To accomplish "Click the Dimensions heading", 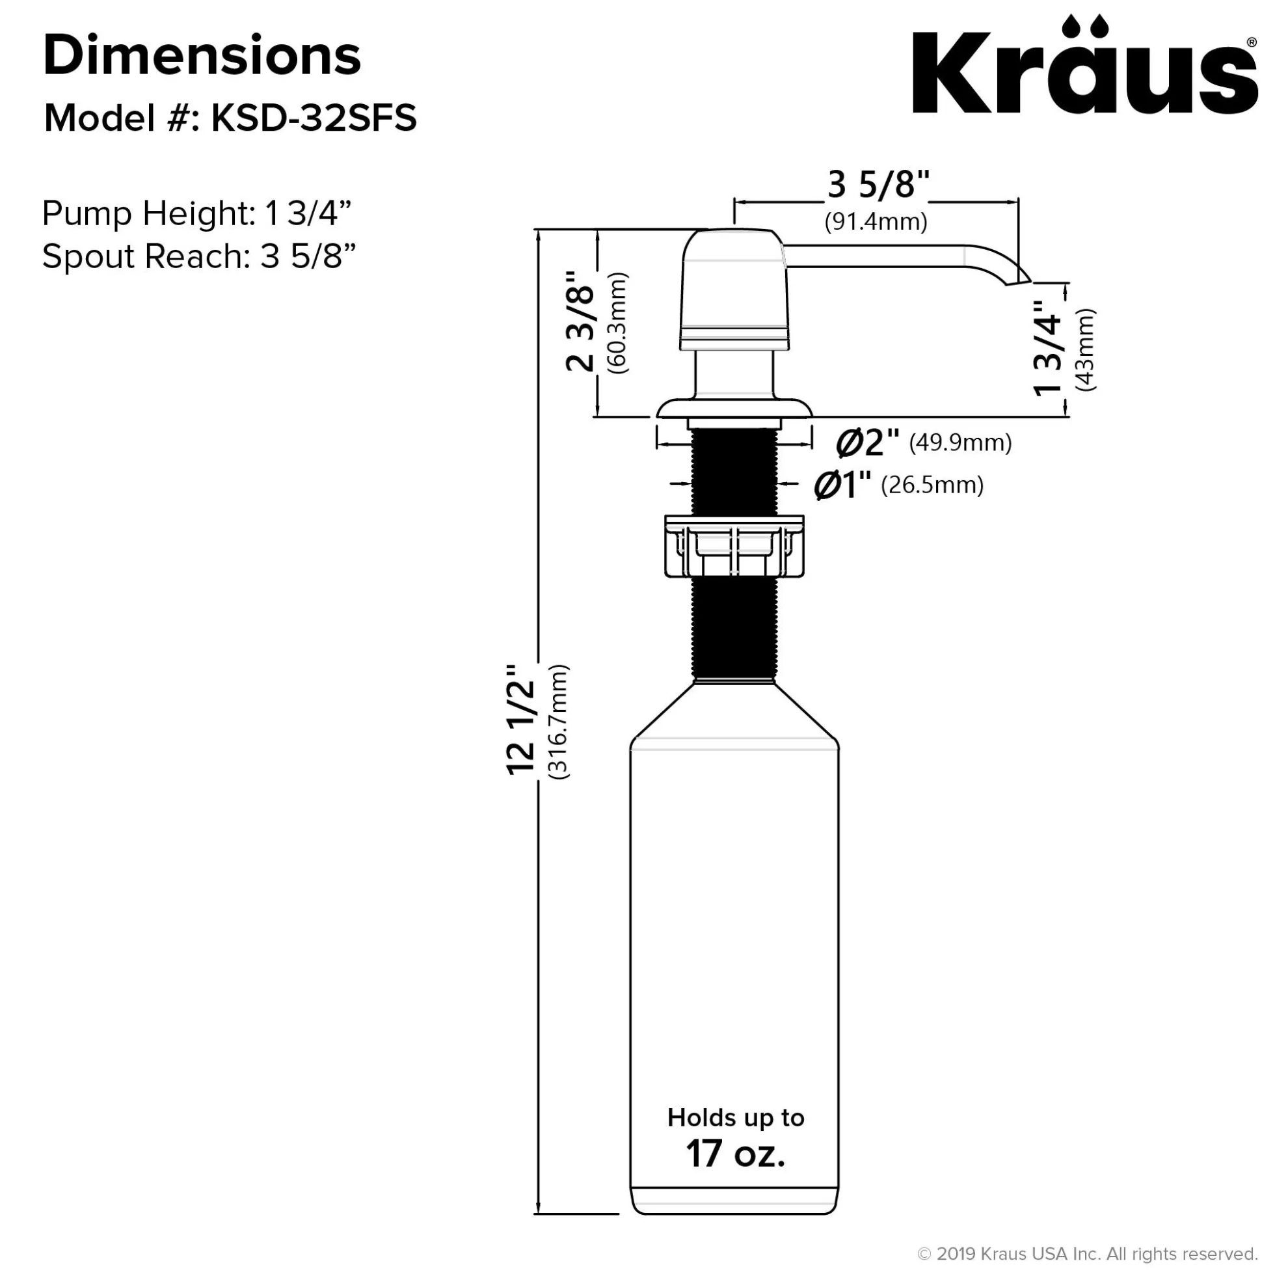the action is click(202, 56).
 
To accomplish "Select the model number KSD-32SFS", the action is click(314, 119).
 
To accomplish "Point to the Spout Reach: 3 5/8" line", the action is click(200, 256).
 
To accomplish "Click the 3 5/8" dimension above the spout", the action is click(878, 185).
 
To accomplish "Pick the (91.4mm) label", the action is click(876, 221).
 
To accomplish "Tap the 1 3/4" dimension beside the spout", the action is click(1048, 348).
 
